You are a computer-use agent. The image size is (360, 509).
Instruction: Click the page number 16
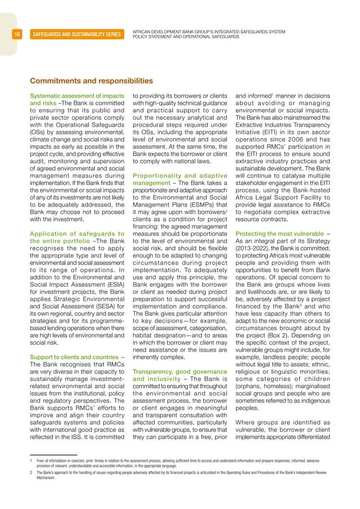point(17,34)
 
